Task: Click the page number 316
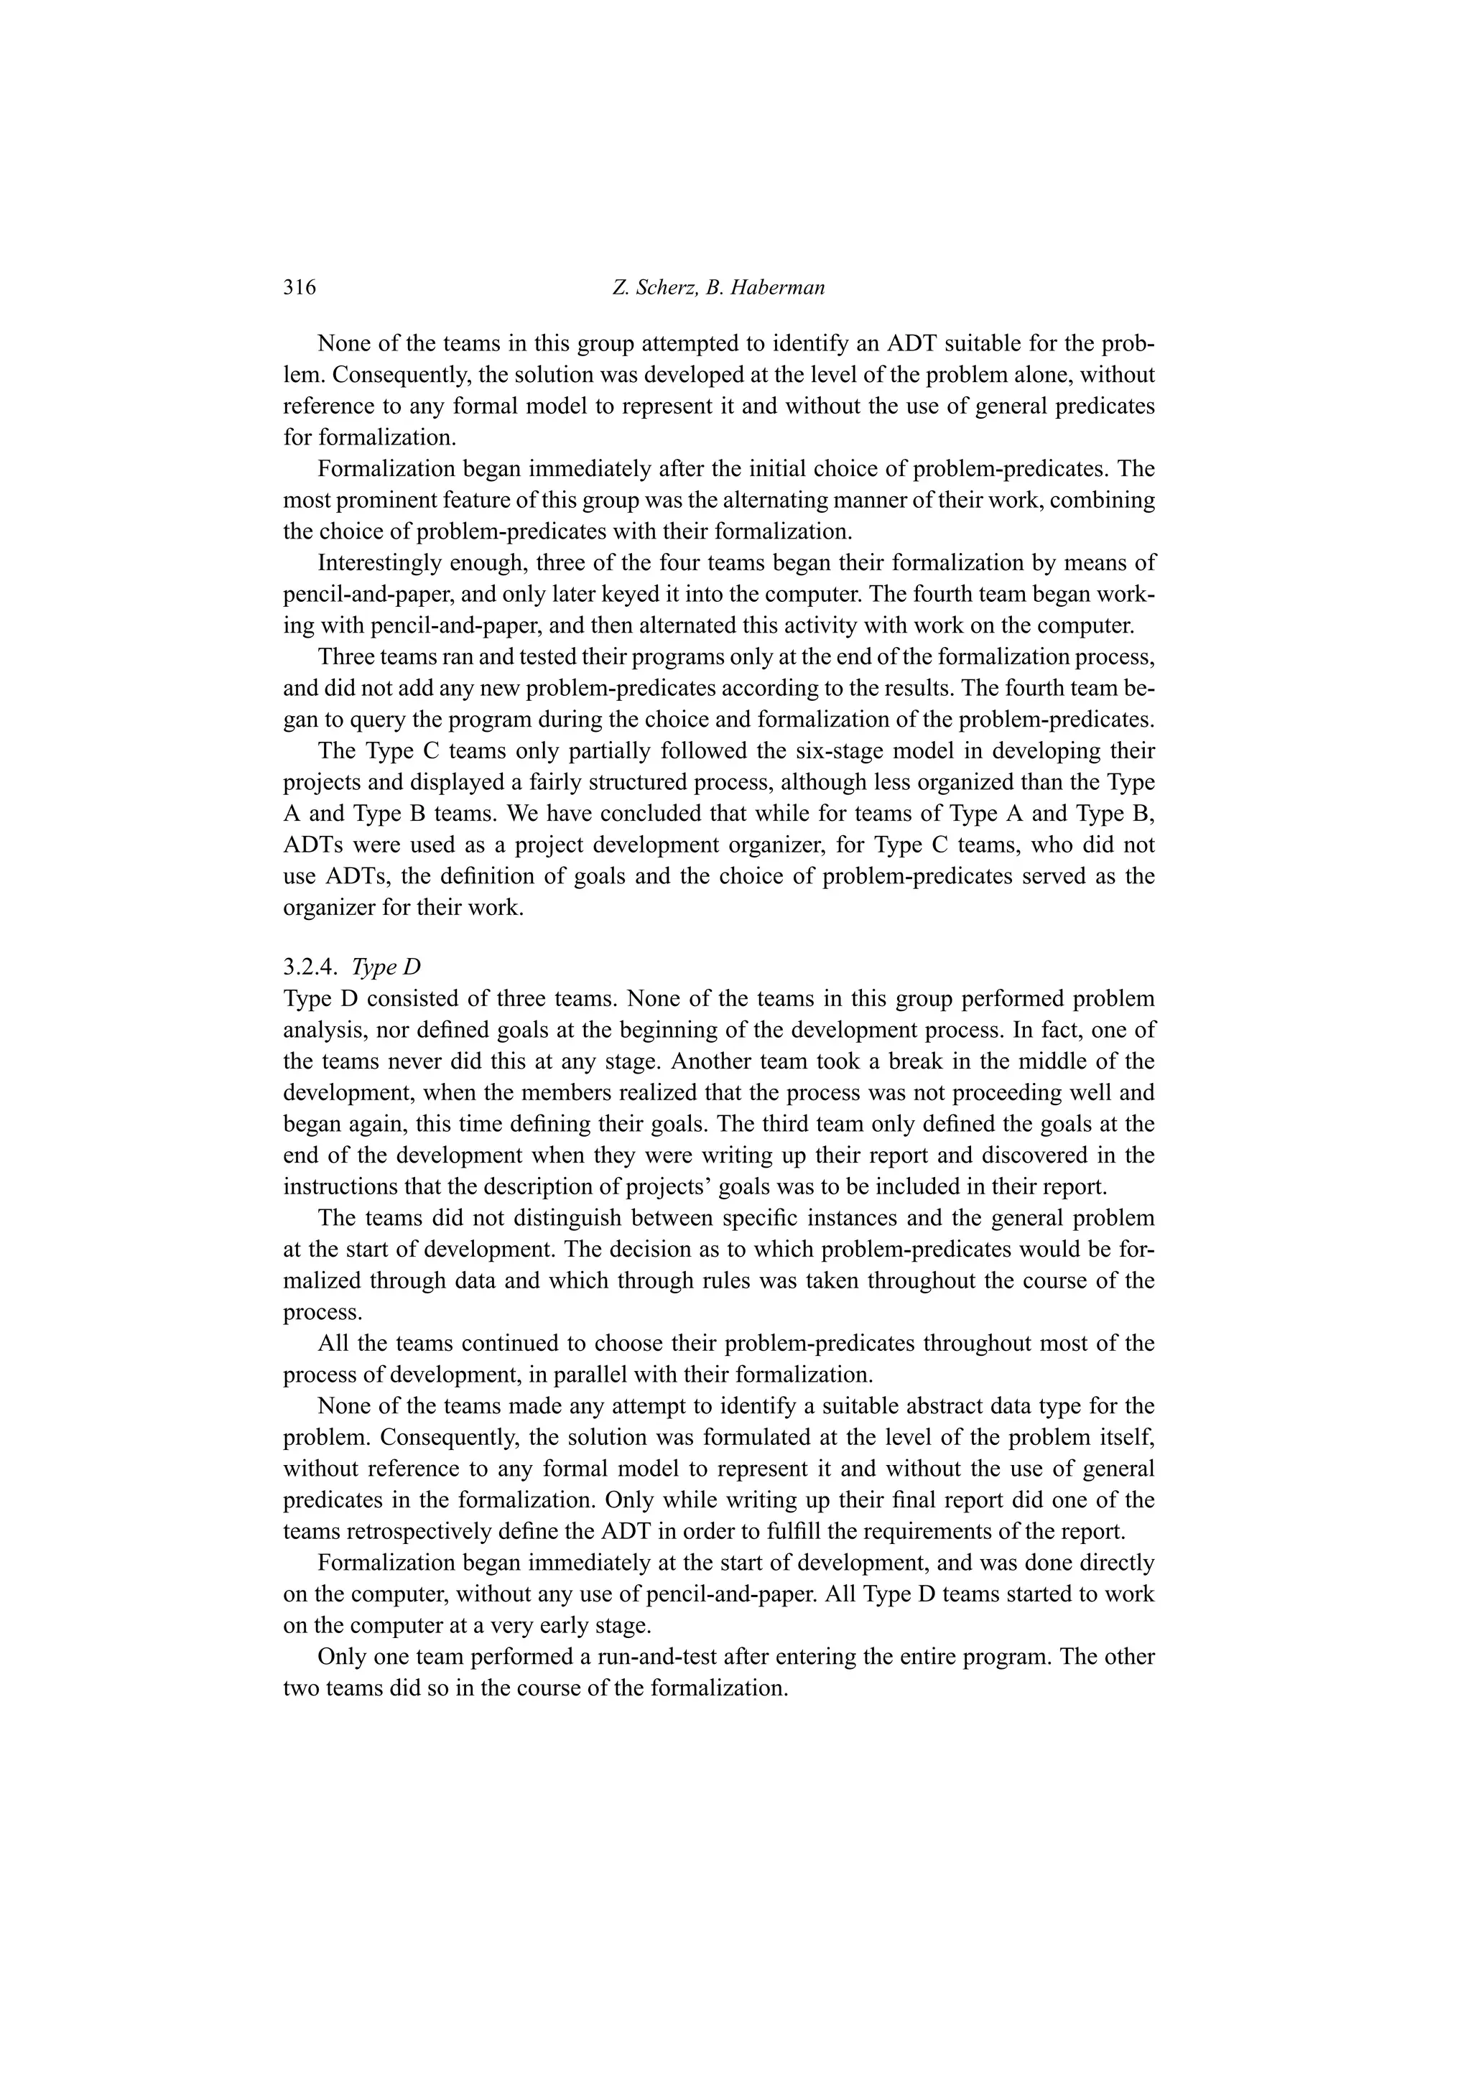click(x=299, y=288)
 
